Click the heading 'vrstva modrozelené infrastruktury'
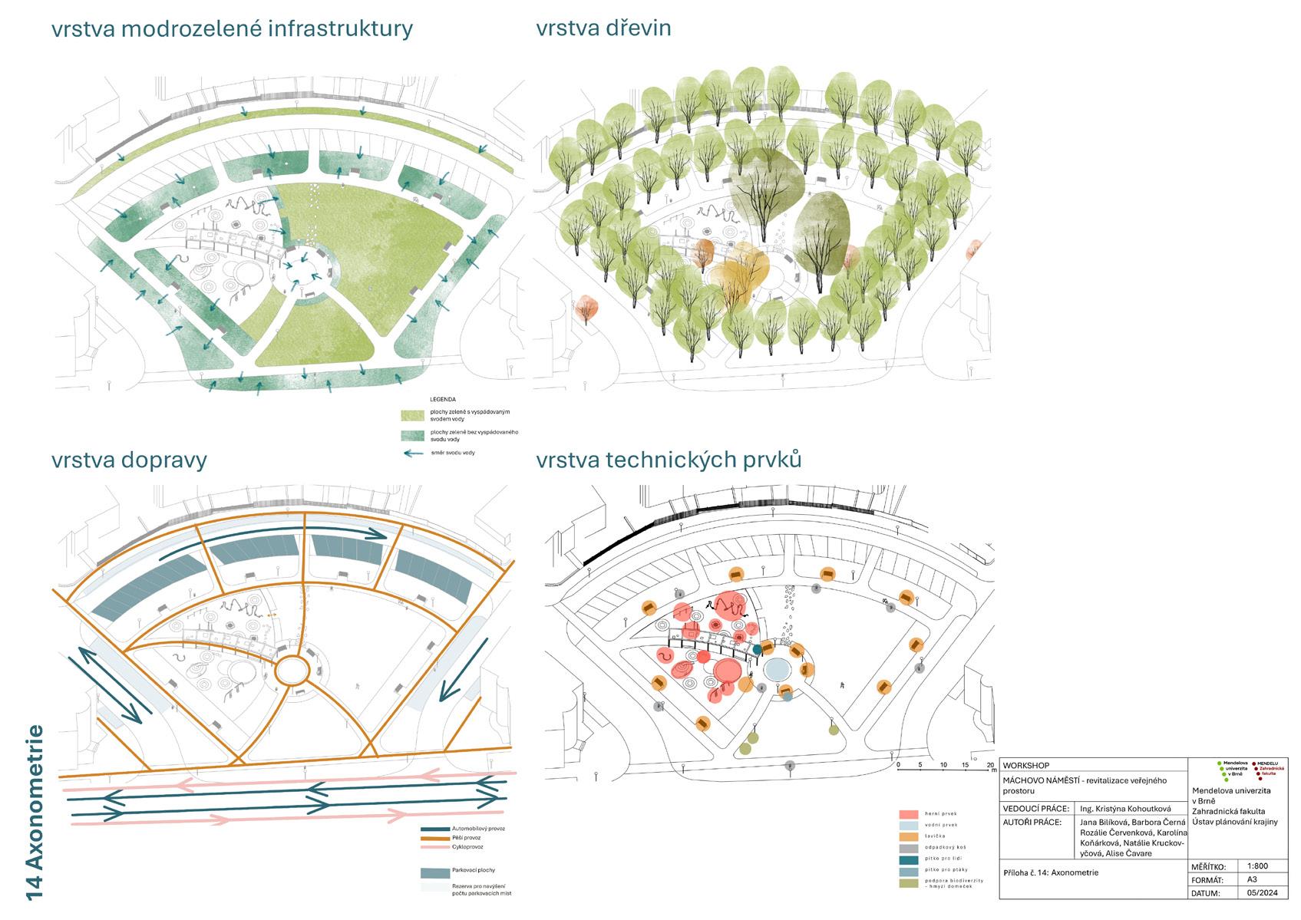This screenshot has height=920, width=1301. click(232, 29)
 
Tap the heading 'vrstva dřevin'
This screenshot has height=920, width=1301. click(603, 28)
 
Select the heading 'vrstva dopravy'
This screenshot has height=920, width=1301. click(129, 460)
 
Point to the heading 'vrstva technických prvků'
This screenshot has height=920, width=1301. click(669, 460)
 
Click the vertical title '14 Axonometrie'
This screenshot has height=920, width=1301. click(35, 812)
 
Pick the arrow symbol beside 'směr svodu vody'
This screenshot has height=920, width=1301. click(413, 453)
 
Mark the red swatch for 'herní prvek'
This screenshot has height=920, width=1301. click(909, 814)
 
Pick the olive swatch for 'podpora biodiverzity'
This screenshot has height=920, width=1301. click(909, 883)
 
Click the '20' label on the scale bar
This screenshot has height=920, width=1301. click(990, 765)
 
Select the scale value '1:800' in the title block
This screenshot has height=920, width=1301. click(1257, 866)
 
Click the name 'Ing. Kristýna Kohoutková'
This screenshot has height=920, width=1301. click(1124, 808)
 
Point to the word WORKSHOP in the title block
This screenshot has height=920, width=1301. click(1025, 766)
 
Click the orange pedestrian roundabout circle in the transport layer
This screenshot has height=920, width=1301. click(292, 670)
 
